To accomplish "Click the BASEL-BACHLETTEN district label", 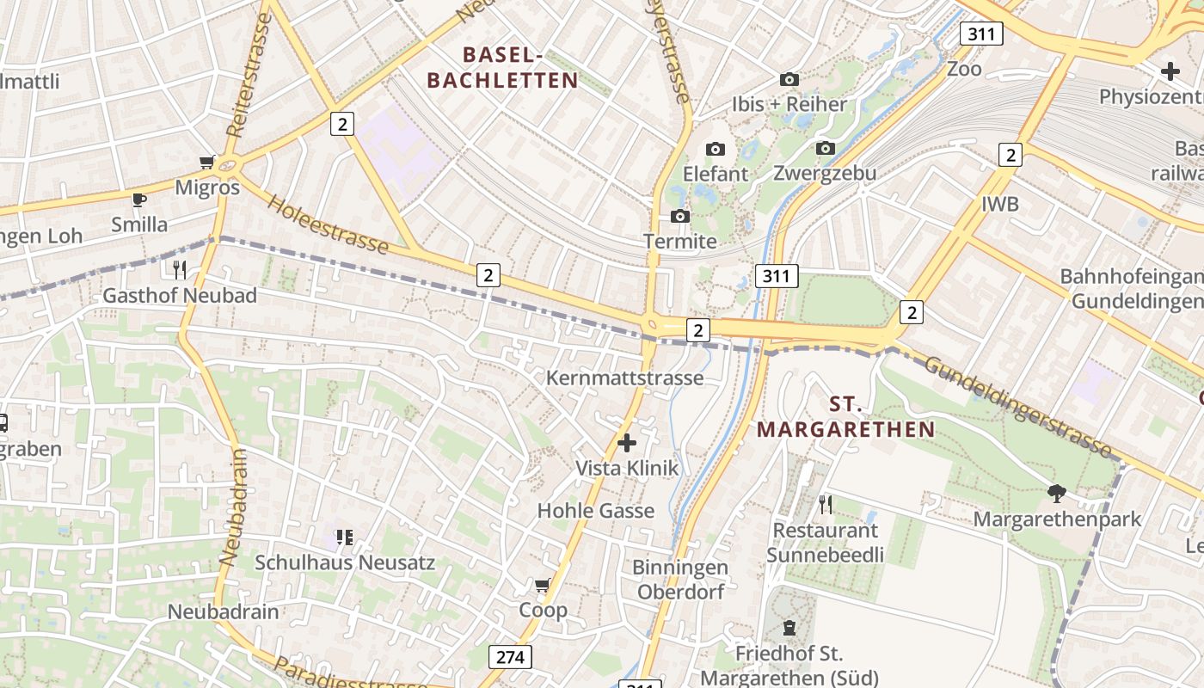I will tap(502, 68).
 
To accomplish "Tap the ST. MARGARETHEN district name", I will tap(846, 417).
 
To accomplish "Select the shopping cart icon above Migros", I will tap(206, 162).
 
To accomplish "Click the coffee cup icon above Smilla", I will tap(138, 200).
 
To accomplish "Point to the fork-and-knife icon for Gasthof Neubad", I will tap(180, 270).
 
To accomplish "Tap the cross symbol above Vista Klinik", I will tap(627, 443).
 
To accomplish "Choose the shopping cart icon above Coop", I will tap(543, 586).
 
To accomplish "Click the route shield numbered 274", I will tap(511, 658).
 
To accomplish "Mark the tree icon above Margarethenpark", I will tap(1057, 494).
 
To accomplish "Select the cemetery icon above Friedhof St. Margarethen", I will tap(789, 628).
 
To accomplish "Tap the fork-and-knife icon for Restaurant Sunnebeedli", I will tap(826, 504).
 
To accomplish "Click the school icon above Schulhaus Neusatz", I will tap(345, 537).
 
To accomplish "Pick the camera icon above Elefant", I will tap(716, 149).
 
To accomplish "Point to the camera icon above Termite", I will tap(680, 216).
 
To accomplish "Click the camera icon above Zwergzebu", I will tap(826, 148).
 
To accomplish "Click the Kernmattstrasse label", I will tap(624, 378).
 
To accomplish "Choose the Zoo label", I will tap(964, 69).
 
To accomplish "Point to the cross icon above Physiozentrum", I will tap(1170, 71).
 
